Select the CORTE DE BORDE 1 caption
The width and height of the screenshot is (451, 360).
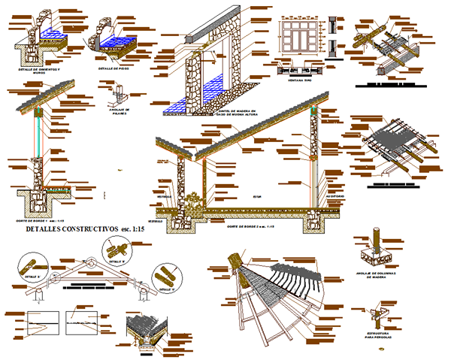coord(38,222)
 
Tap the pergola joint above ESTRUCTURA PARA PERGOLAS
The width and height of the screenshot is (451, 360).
coord(376,316)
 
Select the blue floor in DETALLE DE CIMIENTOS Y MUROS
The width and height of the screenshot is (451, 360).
coord(53,34)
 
